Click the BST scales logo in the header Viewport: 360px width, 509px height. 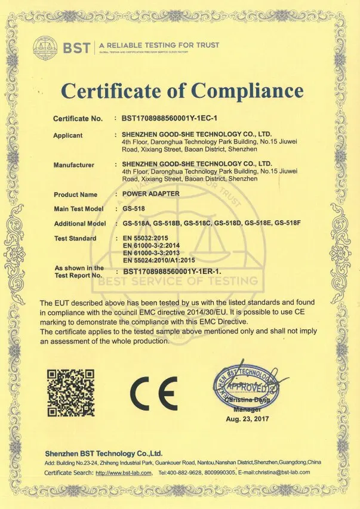44,46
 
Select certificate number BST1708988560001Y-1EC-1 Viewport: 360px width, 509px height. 168,119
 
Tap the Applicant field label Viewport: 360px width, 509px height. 68,135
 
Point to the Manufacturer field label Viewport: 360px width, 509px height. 74,164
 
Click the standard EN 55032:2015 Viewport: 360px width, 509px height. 147,238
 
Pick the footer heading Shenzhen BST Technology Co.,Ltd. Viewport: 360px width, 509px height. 103,454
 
